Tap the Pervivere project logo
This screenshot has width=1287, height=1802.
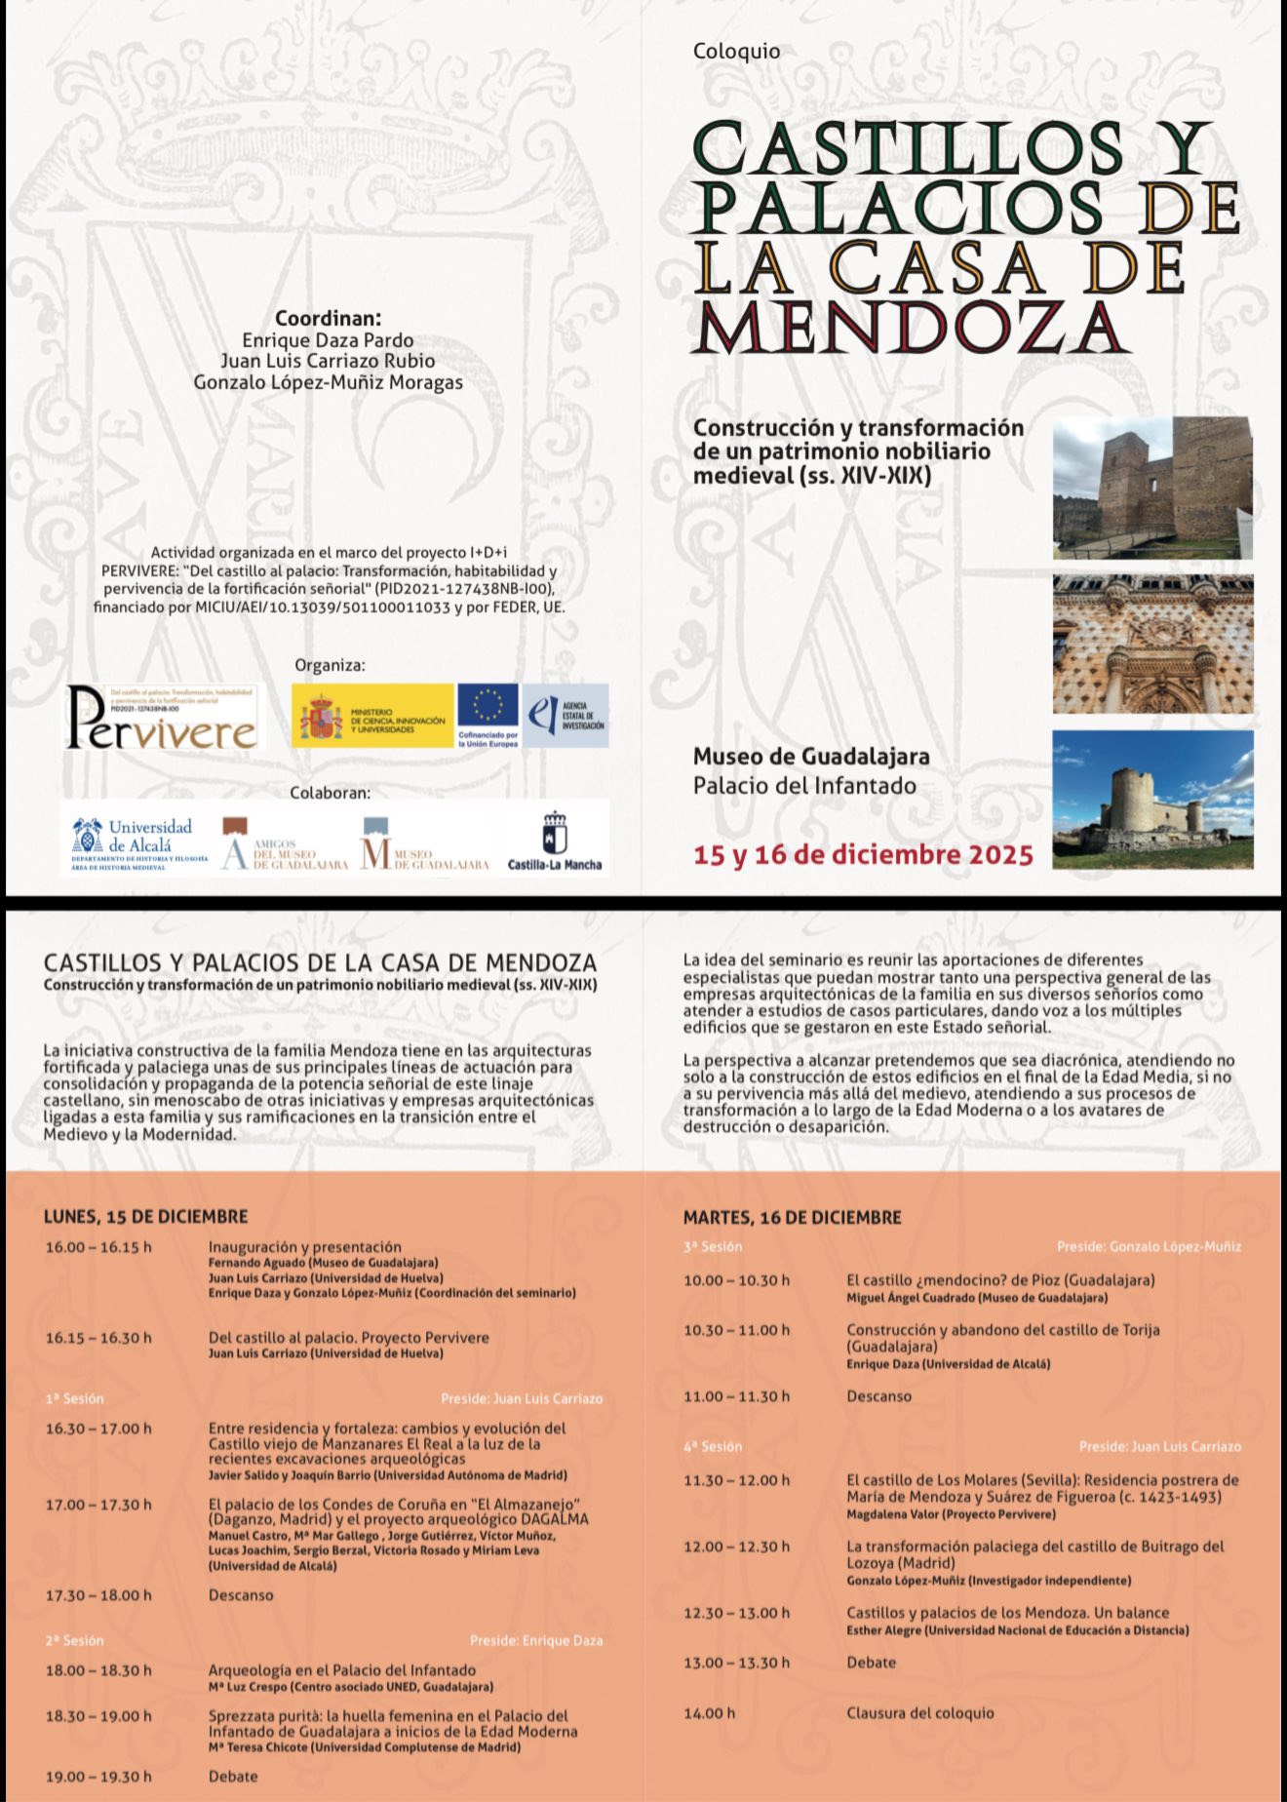pyautogui.click(x=162, y=718)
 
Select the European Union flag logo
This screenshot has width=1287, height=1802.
pyautogui.click(x=487, y=715)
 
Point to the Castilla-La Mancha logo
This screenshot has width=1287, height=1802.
pyautogui.click(x=555, y=841)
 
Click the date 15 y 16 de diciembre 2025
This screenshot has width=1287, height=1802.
pyautogui.click(x=863, y=855)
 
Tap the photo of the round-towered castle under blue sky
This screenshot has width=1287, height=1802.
pyautogui.click(x=1152, y=800)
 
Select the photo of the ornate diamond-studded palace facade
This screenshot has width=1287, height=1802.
pyautogui.click(x=1152, y=644)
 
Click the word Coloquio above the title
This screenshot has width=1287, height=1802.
pyautogui.click(x=736, y=52)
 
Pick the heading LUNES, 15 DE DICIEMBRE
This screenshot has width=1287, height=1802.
pyautogui.click(x=145, y=1216)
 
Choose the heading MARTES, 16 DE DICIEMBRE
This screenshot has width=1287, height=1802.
pyautogui.click(x=792, y=1217)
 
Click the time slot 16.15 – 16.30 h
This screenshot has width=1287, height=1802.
pyautogui.click(x=98, y=1338)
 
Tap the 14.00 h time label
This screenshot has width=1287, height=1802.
pyautogui.click(x=710, y=1712)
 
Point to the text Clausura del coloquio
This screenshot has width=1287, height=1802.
pyautogui.click(x=919, y=1712)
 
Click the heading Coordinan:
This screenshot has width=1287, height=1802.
pyautogui.click(x=328, y=318)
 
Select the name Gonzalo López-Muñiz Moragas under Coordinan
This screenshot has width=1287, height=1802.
pyautogui.click(x=328, y=382)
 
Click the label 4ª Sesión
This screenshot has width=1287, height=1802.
pyautogui.click(x=712, y=1446)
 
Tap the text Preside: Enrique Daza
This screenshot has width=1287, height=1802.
pyautogui.click(x=535, y=1640)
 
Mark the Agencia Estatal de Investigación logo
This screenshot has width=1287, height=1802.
pyautogui.click(x=565, y=715)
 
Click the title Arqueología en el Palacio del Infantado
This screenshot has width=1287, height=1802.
pyautogui.click(x=342, y=1669)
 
